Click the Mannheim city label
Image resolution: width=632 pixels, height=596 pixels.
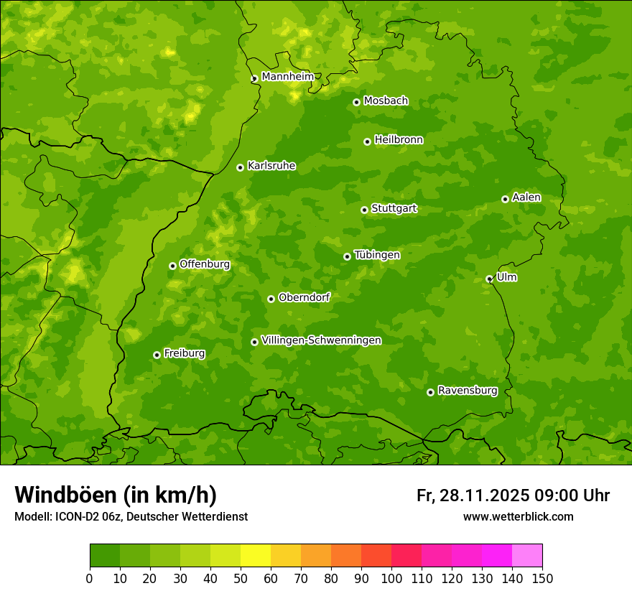(x=287, y=77)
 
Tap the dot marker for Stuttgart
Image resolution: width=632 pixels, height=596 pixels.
(x=364, y=210)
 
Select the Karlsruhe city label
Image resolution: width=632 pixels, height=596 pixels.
(x=271, y=166)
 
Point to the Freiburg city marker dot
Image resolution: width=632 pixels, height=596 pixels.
(x=157, y=355)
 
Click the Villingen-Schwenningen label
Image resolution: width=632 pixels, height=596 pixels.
(x=321, y=340)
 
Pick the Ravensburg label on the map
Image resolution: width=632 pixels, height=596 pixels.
(x=468, y=391)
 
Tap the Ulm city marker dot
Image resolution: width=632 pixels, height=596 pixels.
(x=489, y=279)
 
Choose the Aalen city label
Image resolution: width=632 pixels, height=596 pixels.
(x=526, y=197)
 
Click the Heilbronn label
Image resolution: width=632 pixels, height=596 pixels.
(x=399, y=140)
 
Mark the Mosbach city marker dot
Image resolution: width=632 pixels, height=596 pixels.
(x=356, y=102)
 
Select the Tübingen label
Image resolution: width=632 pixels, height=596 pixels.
(x=377, y=255)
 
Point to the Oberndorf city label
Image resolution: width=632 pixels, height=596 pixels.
(x=304, y=297)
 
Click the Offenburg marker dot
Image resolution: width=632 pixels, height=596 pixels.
(x=172, y=266)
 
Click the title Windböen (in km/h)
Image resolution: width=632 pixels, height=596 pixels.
(x=116, y=495)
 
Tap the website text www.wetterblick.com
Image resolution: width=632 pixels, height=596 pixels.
(x=518, y=516)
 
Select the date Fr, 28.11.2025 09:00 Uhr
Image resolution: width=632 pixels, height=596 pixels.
(x=513, y=495)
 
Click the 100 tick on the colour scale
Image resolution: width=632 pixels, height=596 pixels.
(x=391, y=578)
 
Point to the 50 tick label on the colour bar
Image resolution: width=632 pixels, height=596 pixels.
(x=241, y=578)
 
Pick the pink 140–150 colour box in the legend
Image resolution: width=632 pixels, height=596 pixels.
(x=527, y=555)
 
